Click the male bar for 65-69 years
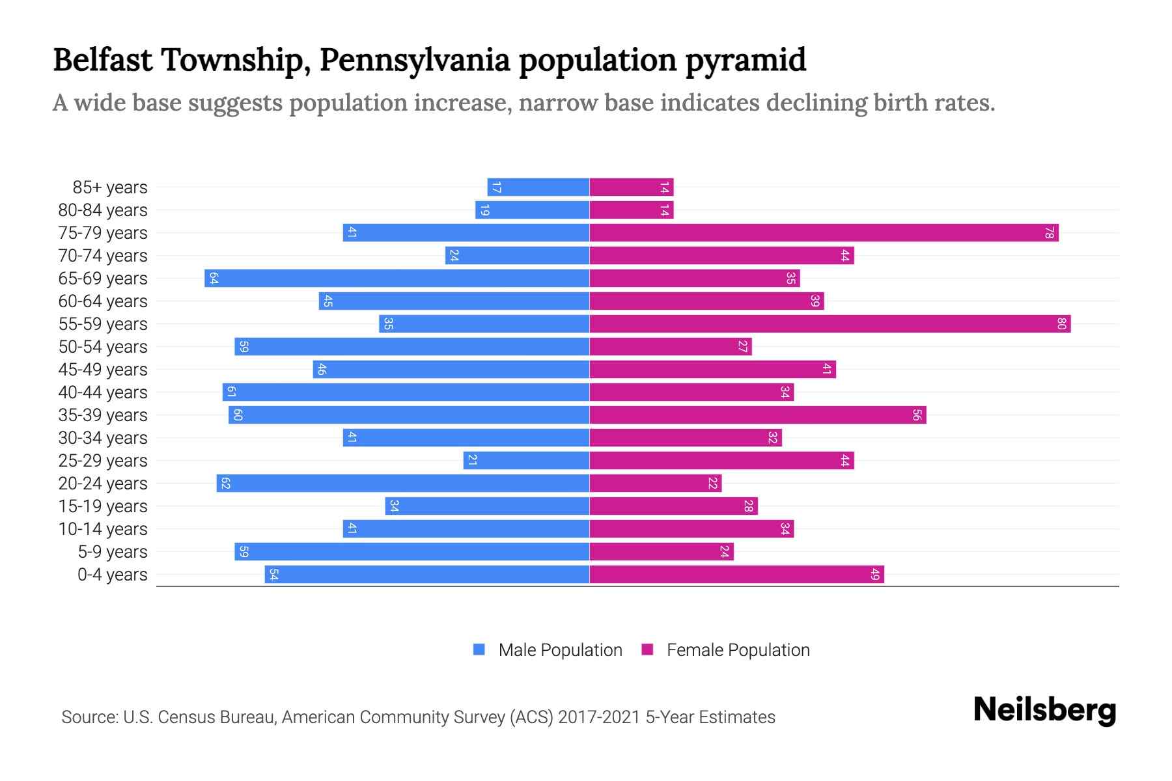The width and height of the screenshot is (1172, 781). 397,279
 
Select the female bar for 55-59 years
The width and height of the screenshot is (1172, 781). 830,324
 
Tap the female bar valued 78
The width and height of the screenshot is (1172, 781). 824,233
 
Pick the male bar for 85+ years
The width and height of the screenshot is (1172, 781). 538,187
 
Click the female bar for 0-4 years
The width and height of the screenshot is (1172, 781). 736,575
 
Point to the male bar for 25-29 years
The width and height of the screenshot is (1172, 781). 526,461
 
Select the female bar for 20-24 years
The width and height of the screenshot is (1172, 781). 656,484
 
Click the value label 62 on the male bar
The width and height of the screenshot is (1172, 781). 225,484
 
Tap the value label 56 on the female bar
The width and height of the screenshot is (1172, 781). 917,415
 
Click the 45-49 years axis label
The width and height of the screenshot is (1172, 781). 103,370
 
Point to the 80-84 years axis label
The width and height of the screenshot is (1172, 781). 103,210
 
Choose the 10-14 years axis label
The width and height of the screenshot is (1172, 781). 103,529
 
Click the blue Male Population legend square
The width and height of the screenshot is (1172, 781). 479,650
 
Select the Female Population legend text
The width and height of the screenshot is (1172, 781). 738,650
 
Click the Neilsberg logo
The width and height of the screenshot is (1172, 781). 1044,711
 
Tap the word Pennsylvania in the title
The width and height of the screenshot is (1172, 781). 414,60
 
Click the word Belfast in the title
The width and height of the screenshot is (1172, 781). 103,60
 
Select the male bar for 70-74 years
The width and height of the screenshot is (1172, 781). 517,256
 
